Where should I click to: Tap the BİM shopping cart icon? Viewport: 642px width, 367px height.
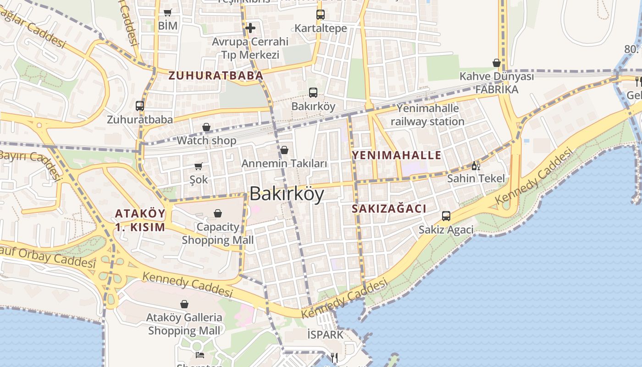(x=168, y=13)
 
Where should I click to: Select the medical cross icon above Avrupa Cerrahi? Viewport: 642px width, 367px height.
(x=250, y=28)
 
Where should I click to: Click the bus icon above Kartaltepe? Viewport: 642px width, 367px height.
(x=321, y=15)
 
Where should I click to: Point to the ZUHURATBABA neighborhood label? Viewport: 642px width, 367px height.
(x=216, y=76)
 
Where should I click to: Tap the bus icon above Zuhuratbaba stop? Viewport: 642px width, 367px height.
(x=140, y=106)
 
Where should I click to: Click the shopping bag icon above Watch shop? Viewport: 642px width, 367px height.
(x=206, y=127)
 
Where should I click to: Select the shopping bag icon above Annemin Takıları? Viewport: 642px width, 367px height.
(x=284, y=150)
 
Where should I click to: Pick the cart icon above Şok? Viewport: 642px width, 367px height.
(x=199, y=166)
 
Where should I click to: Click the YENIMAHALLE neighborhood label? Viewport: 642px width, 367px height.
(x=397, y=155)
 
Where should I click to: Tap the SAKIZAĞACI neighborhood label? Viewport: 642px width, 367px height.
(x=389, y=209)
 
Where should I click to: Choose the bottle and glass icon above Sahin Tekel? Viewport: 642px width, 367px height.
(x=476, y=166)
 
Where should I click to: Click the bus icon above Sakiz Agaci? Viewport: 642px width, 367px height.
(x=446, y=216)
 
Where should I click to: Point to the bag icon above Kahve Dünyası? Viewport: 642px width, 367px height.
(x=497, y=63)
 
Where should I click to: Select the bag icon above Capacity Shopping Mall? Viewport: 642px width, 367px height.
(x=218, y=213)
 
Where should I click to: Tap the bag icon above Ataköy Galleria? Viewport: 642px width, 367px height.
(x=184, y=304)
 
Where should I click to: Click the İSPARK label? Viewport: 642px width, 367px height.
(x=326, y=335)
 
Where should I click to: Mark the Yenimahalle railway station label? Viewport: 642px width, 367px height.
(x=427, y=115)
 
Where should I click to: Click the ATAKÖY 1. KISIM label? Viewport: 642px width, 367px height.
(x=140, y=220)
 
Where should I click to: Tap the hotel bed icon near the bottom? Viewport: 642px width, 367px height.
(x=200, y=355)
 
